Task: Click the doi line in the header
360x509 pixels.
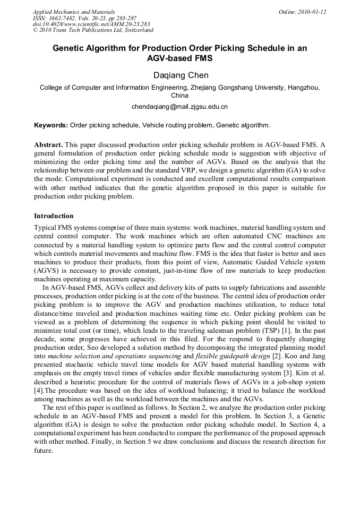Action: coord(91,24)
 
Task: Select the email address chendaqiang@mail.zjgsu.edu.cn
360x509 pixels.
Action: coord(179,107)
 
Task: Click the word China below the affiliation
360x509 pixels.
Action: coord(179,96)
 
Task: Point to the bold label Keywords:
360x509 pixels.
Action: coord(51,126)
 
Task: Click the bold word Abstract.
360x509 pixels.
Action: coord(48,145)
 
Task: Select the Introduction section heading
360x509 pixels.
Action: coord(54,216)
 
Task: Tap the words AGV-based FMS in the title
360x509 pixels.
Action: coord(179,58)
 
